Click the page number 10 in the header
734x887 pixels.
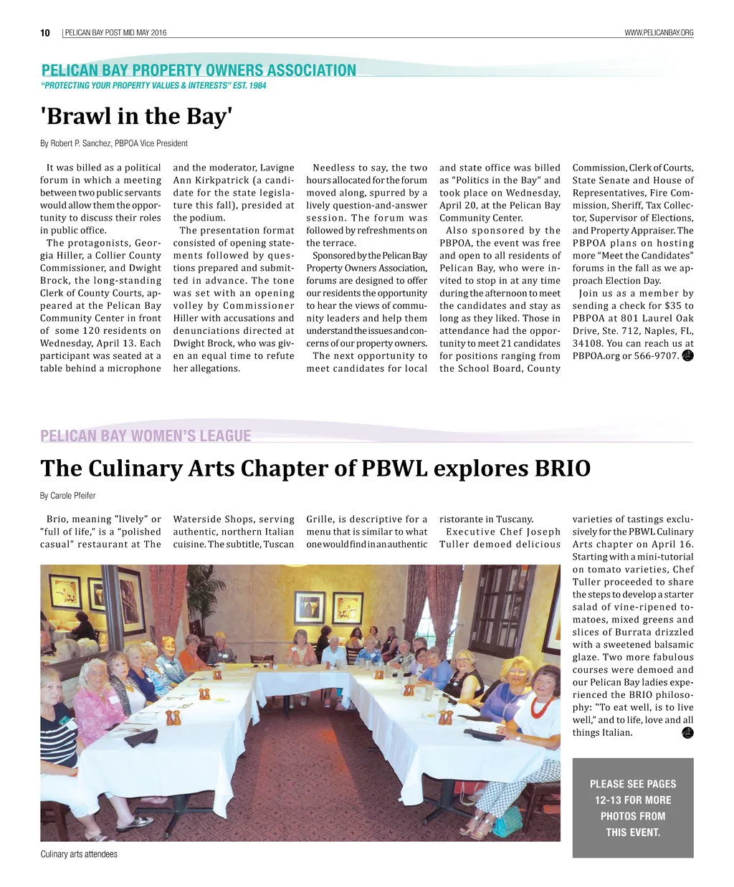coord(45,33)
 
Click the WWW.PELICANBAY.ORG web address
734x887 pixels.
coord(659,33)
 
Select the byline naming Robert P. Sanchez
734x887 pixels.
coord(114,143)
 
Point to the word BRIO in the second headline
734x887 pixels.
coord(563,469)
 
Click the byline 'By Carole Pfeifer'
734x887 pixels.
coord(68,496)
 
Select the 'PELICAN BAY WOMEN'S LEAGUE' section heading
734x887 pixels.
coord(146,436)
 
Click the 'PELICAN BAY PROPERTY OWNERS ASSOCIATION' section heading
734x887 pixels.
coord(199,70)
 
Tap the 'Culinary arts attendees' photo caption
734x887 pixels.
coord(79,854)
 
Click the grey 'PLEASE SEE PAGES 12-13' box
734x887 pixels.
coord(633,807)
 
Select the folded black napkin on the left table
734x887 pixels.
coord(141,737)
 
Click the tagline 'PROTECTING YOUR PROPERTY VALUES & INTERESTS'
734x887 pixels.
coord(153,86)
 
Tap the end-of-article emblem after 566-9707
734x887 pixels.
coord(687,355)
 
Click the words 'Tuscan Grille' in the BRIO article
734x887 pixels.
coord(280,544)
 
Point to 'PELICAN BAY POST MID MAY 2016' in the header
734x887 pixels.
coord(115,33)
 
